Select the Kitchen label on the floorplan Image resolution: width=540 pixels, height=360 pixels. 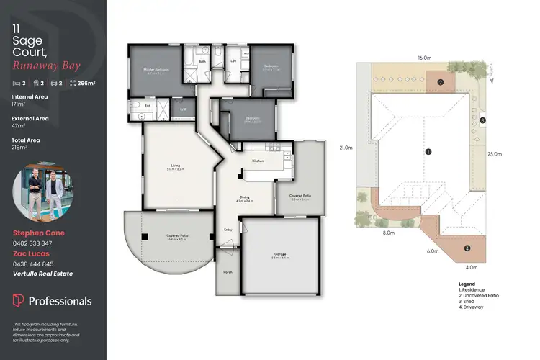pos(258,160)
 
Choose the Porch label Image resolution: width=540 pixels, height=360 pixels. pos(228,271)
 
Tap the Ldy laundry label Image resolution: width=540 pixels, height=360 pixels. pos(234,62)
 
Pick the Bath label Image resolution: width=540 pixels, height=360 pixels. pos(203,62)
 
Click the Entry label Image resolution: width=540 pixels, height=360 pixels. pos(228,230)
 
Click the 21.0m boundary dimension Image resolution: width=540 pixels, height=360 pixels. pos(346,148)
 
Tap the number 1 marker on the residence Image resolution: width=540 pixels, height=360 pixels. pos(428,152)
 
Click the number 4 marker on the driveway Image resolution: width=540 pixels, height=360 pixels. pos(467,248)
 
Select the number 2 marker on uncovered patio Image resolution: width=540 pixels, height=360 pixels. pos(439,81)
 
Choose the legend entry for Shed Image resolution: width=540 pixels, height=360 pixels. pos(469,301)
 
